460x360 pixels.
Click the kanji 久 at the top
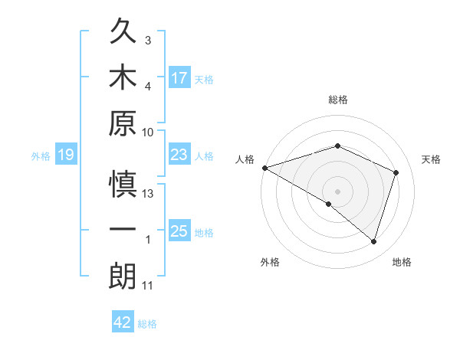coord(123,32)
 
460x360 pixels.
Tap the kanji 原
coord(123,123)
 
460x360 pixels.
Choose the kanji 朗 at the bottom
coord(123,277)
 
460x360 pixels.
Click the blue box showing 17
coord(179,78)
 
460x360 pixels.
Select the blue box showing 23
coord(179,155)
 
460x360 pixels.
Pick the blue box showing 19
coord(66,155)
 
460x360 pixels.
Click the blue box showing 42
coord(123,322)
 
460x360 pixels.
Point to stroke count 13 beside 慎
coord(149,194)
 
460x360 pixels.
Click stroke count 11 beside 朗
coord(148,286)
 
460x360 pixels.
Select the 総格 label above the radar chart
coord(337,100)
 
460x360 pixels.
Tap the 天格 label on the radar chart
coord(431,159)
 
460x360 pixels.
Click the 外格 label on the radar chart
coord(270,262)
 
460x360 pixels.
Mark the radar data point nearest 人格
coord(264,168)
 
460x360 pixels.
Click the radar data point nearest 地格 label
coord(373,242)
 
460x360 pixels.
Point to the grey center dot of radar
coord(337,190)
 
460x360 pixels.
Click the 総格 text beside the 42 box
coord(147,324)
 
